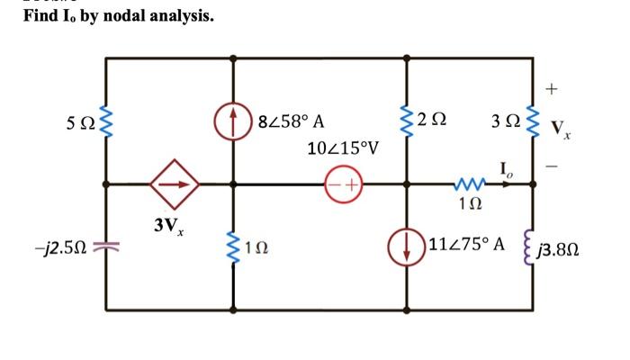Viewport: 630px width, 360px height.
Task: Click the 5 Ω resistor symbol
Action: click(106, 121)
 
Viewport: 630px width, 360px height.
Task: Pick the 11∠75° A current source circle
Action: click(408, 245)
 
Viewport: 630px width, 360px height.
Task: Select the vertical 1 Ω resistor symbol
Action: click(234, 245)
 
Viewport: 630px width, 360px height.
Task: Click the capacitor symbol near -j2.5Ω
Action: click(106, 245)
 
